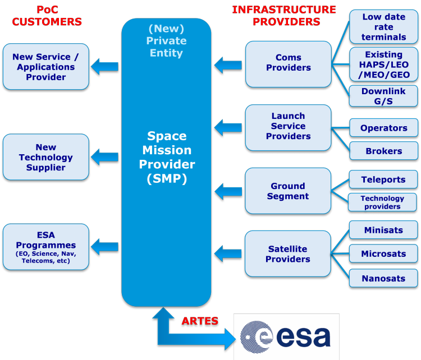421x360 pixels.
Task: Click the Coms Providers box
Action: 288,63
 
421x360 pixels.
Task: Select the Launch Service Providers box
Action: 288,127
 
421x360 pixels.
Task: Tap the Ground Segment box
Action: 288,191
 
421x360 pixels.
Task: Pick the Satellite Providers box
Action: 288,254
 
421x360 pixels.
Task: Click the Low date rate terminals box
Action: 383,27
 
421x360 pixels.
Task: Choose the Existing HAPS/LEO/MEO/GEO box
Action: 383,64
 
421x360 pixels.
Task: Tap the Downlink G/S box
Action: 383,96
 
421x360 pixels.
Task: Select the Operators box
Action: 383,128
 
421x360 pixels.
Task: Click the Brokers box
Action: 383,151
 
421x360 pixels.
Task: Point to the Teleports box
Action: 383,180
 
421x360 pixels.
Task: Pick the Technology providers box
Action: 382,202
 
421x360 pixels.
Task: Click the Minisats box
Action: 383,230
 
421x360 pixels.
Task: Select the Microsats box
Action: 383,253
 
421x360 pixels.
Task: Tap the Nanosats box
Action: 383,278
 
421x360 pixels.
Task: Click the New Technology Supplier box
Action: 46,157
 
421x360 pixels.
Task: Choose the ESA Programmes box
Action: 46,247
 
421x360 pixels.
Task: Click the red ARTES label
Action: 199,322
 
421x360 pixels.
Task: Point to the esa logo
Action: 286,336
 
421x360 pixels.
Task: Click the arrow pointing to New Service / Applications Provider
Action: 105,67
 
